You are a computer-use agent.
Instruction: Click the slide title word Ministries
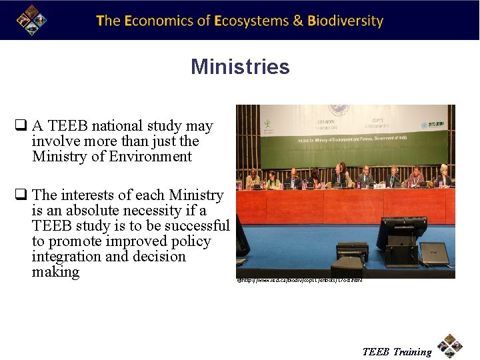[240, 67]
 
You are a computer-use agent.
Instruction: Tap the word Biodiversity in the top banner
[345, 21]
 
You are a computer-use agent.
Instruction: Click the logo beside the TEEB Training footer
[450, 346]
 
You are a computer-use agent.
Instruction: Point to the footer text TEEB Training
[397, 352]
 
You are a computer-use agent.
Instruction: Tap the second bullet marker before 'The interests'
[21, 195]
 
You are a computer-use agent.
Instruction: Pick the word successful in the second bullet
[197, 226]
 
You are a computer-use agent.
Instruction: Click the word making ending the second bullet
[55, 272]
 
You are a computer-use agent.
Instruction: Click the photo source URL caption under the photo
[300, 281]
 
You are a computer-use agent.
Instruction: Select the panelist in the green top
[273, 181]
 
